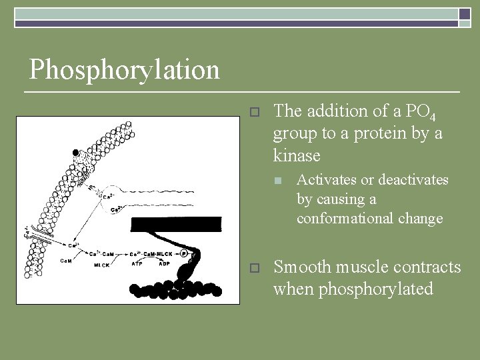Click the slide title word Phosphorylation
(x=124, y=69)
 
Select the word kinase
(x=297, y=155)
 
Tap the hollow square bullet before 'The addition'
(x=253, y=111)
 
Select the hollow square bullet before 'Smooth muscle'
(x=253, y=268)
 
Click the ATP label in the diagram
(x=137, y=263)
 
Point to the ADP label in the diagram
(x=165, y=263)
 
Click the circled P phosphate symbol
(x=183, y=253)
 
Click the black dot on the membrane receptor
(x=77, y=152)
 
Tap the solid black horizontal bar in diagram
(x=176, y=225)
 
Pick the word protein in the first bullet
(x=385, y=133)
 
